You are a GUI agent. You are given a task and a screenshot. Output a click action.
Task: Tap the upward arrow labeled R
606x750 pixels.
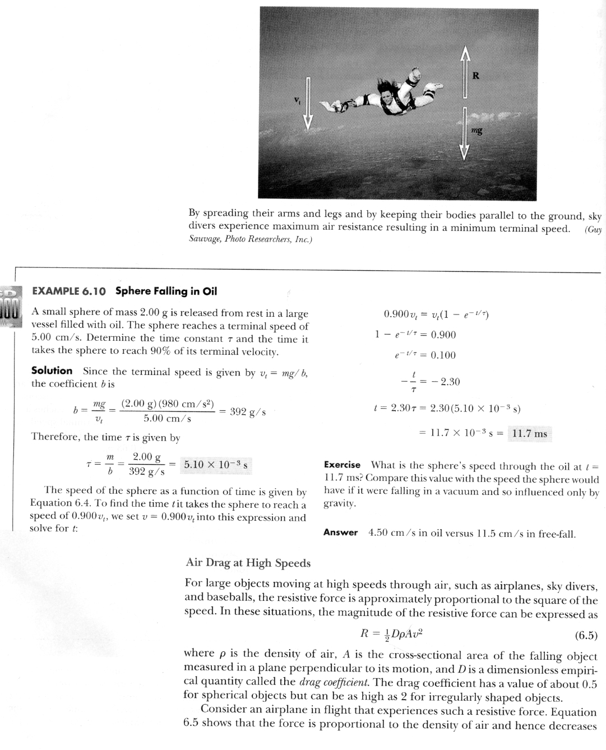[464, 73]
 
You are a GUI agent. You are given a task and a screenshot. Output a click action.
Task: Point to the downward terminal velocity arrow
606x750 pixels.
[307, 104]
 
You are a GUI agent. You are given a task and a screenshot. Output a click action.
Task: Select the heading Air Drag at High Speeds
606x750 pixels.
[248, 563]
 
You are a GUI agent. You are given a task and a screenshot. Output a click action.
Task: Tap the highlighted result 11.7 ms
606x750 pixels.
[529, 433]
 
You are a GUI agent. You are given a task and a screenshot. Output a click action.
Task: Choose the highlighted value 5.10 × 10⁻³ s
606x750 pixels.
[216, 465]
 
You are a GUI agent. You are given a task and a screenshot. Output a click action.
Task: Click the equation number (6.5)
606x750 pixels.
[586, 636]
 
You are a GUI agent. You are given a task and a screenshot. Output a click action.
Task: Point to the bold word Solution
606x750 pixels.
[52, 371]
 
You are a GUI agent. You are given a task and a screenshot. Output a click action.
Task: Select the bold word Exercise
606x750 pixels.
[342, 465]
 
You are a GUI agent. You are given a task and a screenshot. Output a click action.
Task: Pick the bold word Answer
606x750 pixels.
[340, 533]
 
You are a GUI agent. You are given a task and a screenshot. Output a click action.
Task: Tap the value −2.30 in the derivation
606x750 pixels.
[446, 382]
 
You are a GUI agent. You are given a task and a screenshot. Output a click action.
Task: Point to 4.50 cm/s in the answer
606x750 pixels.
[390, 533]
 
